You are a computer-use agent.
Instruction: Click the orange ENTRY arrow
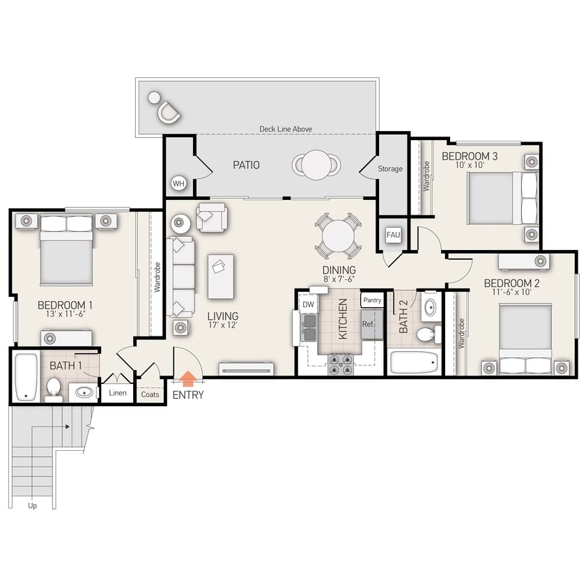pos(187,378)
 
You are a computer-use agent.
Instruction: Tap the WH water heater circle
pos(178,184)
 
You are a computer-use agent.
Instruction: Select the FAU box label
pos(393,235)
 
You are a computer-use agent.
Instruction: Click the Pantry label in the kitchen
pos(371,300)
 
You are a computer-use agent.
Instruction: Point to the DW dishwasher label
pos(309,304)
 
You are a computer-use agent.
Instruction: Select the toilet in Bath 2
pos(426,335)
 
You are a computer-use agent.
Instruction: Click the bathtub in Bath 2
pos(414,362)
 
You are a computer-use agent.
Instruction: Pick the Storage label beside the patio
pos(390,169)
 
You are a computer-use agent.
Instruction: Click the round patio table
pos(316,164)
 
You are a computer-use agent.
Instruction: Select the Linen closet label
pos(118,393)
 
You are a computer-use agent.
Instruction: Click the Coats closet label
pos(150,394)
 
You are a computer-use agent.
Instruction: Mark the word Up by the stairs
pos(32,505)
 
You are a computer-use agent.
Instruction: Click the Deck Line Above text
pos(286,129)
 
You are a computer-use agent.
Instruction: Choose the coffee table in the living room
pos(221,276)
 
